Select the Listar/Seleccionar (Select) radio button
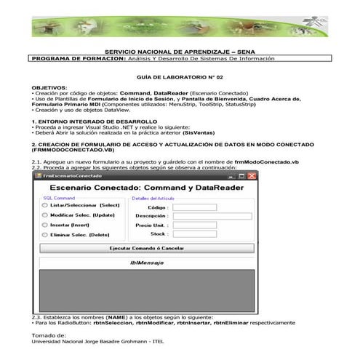click(x=44, y=206)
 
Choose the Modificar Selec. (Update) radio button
click(x=44, y=216)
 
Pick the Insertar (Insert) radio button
click(x=44, y=225)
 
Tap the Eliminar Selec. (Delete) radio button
click(x=44, y=235)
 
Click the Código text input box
click(x=195, y=207)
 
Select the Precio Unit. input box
click(x=195, y=225)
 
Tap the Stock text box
click(x=195, y=234)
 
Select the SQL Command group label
click(x=60, y=197)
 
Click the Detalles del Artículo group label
click(x=153, y=197)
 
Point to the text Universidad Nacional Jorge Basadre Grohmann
click(x=87, y=340)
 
